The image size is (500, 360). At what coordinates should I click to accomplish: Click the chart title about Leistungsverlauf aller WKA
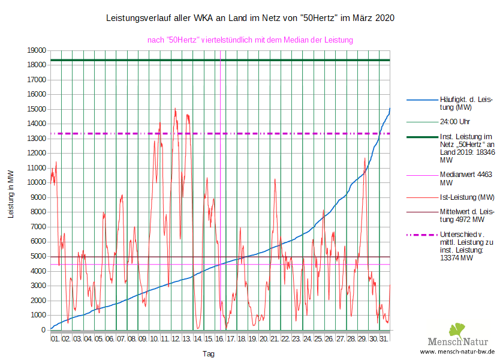click(250, 19)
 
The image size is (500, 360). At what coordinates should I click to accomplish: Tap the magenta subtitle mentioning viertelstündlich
click(250, 40)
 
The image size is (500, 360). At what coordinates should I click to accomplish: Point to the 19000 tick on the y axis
click(37, 50)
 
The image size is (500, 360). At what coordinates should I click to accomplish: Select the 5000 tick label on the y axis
click(39, 256)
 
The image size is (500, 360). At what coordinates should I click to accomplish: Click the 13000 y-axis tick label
click(37, 139)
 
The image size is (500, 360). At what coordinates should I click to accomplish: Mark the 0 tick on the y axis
click(44, 330)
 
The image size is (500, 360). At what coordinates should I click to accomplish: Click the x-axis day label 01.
click(55, 339)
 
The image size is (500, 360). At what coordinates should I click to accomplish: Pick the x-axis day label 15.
click(209, 339)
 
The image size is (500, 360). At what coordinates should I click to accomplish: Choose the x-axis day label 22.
click(285, 339)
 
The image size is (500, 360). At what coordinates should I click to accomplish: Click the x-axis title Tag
click(209, 354)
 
